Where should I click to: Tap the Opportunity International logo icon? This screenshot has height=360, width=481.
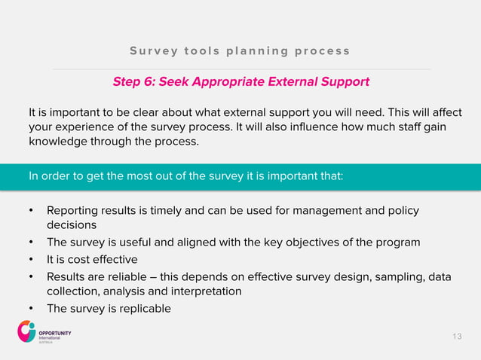[x=26, y=331]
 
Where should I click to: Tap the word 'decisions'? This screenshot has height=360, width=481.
[x=72, y=224]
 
